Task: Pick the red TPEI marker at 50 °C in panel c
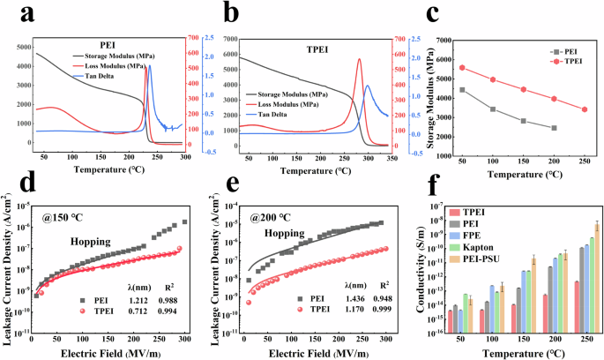coord(462,67)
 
